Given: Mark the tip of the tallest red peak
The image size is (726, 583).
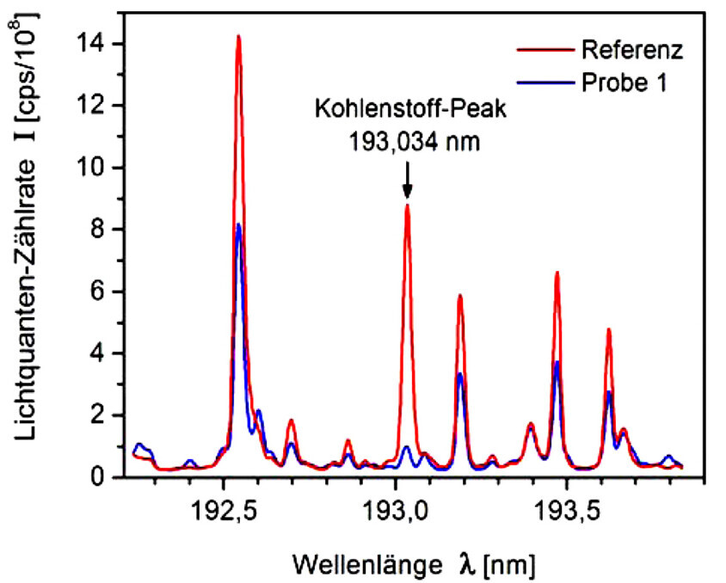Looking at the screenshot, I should [238, 37].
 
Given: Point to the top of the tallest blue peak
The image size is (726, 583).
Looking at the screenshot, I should [239, 225].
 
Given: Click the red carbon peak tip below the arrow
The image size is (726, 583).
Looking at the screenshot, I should [407, 206].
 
